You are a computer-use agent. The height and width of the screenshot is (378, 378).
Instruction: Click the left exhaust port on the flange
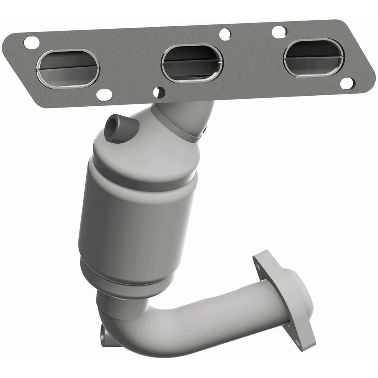tap(67, 67)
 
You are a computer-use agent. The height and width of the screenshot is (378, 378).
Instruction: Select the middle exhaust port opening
tap(192, 63)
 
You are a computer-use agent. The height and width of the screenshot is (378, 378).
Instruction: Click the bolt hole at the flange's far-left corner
tap(31, 41)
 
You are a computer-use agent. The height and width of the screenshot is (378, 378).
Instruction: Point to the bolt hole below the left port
tap(104, 94)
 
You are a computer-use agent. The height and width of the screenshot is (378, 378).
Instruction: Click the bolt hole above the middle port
tap(225, 34)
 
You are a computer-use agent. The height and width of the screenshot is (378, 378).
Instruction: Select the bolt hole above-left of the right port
tap(279, 32)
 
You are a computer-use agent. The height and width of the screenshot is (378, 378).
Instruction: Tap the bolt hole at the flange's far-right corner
tap(346, 83)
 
